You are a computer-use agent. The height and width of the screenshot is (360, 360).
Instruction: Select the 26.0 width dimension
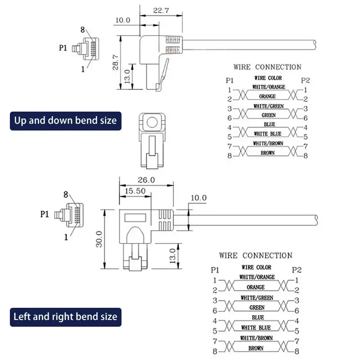(146, 179)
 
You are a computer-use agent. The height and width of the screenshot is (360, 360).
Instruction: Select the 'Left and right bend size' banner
(65, 316)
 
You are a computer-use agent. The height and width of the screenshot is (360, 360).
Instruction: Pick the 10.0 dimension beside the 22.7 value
(122, 20)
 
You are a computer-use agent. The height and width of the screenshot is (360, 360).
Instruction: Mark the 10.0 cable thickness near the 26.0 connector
(198, 198)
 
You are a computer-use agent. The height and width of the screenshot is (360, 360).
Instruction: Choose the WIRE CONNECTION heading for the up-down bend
(267, 67)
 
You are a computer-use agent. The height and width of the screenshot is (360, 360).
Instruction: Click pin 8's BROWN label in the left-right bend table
(256, 348)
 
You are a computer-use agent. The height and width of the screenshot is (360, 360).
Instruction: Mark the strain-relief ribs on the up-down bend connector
(173, 43)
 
